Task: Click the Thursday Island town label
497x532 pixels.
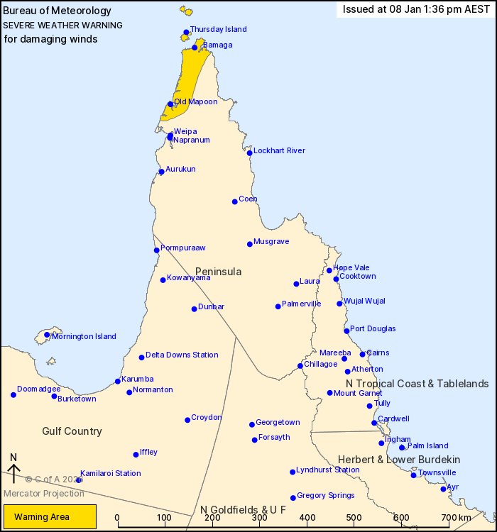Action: pos(219,30)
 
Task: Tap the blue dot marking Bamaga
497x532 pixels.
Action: pos(195,48)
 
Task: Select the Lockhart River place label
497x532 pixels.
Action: pos(279,150)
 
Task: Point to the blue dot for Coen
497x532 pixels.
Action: pos(235,201)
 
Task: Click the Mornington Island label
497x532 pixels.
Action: pos(84,337)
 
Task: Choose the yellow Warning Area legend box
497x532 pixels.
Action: pos(50,517)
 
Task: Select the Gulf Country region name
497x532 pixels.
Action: pos(72,431)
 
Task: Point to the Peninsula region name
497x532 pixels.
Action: pos(219,272)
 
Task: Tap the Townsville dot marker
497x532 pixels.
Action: pos(413,475)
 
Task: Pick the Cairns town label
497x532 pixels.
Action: pos(378,353)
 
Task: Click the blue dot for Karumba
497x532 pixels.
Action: pos(118,382)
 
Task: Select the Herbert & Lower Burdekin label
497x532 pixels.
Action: pos(399,460)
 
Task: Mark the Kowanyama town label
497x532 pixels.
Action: pos(188,278)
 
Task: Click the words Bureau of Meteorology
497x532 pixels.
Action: pos(58,11)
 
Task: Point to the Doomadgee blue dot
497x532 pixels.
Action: pos(13,394)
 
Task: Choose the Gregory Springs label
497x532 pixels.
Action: pos(325,495)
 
